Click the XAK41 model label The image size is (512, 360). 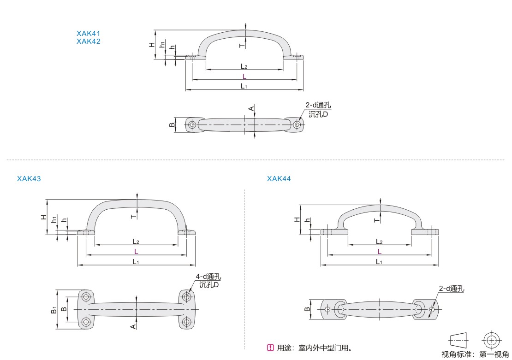[x=89, y=33]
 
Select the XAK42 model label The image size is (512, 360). [x=89, y=41]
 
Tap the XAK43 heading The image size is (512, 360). [x=29, y=178]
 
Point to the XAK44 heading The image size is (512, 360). [x=279, y=178]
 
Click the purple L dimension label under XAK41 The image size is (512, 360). [x=244, y=77]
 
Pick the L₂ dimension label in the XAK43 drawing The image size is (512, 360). [x=136, y=242]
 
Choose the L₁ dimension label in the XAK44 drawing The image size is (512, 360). [x=379, y=262]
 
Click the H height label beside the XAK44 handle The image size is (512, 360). [x=297, y=220]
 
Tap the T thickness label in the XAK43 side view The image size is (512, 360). [x=134, y=216]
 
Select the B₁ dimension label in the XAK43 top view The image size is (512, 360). [x=54, y=310]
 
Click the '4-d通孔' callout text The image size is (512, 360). [x=208, y=277]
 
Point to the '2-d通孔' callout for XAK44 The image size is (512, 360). [x=451, y=289]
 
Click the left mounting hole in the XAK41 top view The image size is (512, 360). [x=192, y=124]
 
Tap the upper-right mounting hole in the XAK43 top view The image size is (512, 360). [x=186, y=297]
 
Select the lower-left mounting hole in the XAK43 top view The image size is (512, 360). [x=86, y=322]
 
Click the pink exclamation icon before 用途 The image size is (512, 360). [x=270, y=348]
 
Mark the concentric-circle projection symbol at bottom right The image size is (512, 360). [x=491, y=341]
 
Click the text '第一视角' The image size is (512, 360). [x=494, y=354]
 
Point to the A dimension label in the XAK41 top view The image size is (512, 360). [x=251, y=109]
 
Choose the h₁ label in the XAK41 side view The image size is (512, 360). [x=162, y=45]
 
